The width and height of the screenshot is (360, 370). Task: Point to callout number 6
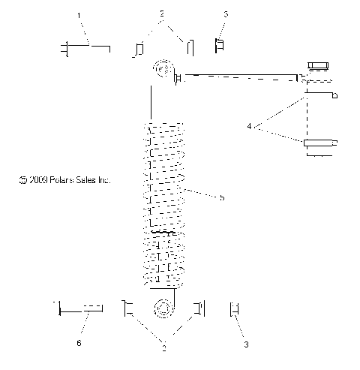(79, 343)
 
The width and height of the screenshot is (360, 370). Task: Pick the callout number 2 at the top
(161, 14)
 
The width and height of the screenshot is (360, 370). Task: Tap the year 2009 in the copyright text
(38, 180)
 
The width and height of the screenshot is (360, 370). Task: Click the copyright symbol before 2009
(23, 180)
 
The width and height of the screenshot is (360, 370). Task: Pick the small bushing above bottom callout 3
(234, 309)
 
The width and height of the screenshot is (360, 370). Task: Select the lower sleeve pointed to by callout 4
(320, 144)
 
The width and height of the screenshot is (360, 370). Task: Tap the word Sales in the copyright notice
(91, 180)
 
